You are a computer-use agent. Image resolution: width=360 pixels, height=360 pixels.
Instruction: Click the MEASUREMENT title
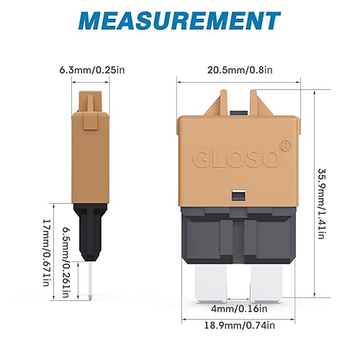(x=179, y=20)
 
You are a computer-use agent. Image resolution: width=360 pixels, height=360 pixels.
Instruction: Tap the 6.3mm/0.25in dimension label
(x=86, y=71)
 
